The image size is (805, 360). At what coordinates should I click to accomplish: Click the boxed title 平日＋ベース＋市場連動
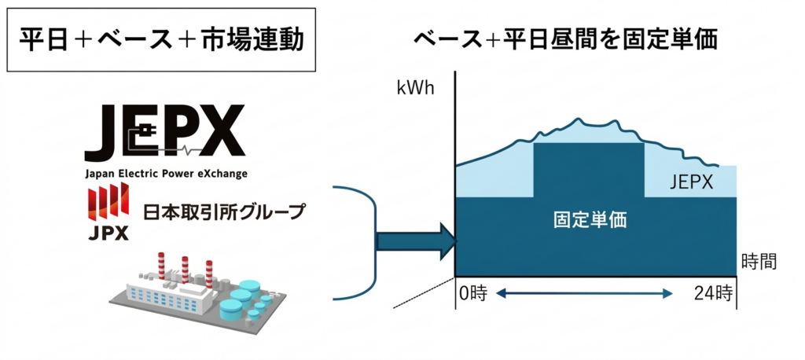click(x=160, y=40)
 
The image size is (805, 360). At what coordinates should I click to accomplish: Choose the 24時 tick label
click(x=713, y=295)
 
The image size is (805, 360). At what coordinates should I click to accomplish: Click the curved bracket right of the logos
click(x=357, y=243)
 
